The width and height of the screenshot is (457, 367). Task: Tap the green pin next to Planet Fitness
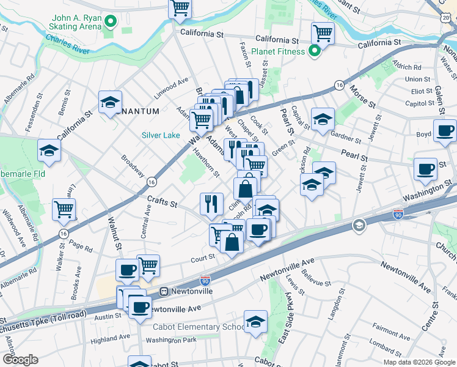coord(315,51)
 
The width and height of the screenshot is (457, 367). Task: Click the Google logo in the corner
coord(20,360)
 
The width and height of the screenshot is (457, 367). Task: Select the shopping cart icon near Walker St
coord(64,209)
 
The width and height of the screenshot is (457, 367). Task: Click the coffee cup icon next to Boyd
coord(445,131)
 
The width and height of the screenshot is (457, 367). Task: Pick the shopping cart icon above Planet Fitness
coord(322,33)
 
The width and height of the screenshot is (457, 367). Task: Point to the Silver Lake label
coord(161,135)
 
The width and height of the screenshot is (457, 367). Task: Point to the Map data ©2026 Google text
coord(419,362)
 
